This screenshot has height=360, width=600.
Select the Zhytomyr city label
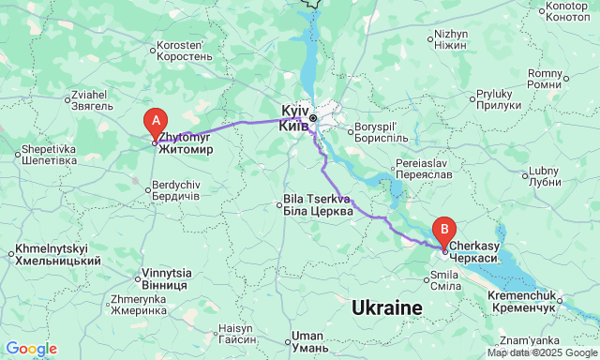(x=187, y=143)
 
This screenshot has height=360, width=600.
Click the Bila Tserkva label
(x=319, y=205)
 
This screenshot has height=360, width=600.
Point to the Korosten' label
(x=185, y=51)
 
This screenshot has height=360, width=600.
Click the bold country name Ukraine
(x=387, y=307)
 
